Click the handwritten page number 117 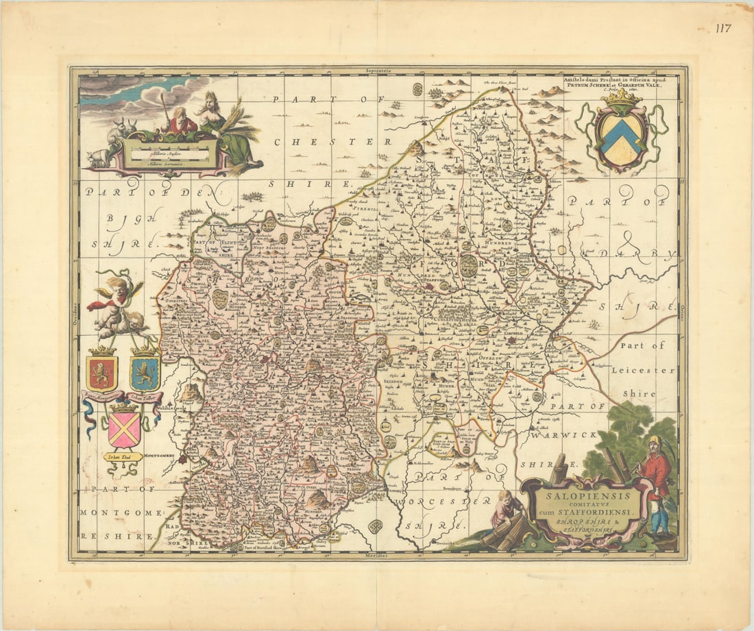point(722,28)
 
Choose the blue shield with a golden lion point(145,371)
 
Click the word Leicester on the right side point(642,370)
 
